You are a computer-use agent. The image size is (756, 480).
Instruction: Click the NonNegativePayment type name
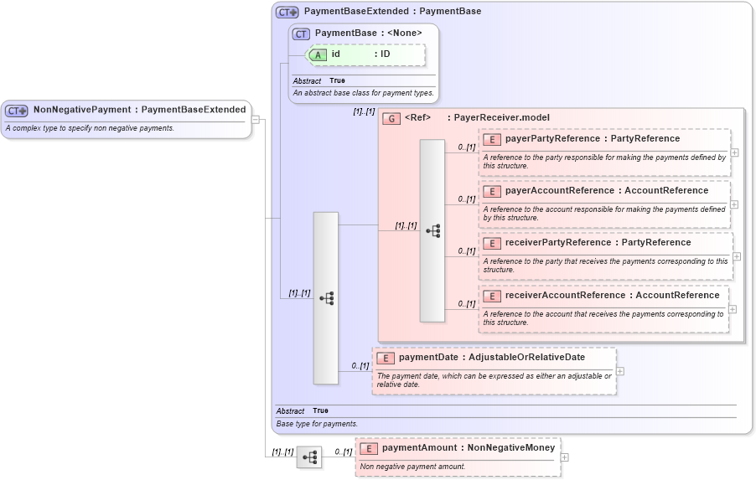[x=81, y=110]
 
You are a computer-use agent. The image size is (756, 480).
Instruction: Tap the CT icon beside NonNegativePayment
[x=17, y=111]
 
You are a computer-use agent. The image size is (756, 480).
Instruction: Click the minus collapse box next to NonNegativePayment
[x=256, y=120]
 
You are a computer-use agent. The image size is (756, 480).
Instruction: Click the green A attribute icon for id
[x=319, y=54]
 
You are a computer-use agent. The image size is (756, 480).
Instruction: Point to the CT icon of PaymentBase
[x=302, y=34]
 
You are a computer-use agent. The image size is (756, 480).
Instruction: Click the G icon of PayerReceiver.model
[x=391, y=118]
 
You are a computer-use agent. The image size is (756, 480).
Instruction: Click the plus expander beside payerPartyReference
[x=734, y=152]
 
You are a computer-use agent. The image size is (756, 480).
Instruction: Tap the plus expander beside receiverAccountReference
[x=733, y=309]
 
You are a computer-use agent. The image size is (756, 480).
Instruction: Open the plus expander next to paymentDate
[x=620, y=371]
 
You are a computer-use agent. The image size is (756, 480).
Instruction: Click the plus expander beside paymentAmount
[x=564, y=457]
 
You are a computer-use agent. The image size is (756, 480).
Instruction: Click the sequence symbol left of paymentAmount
[x=309, y=457]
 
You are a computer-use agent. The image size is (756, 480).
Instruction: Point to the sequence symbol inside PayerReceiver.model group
[x=432, y=230]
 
